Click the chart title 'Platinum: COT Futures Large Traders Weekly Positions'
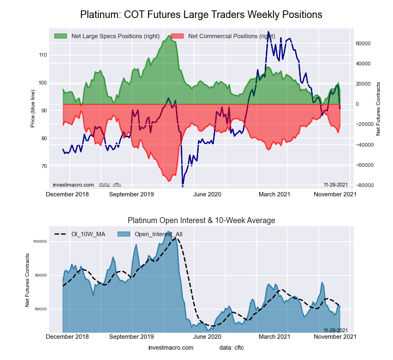click(x=201, y=14)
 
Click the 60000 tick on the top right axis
click(x=364, y=43)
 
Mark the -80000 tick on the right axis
click(x=364, y=185)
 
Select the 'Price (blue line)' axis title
click(x=33, y=111)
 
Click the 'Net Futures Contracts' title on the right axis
click(x=378, y=109)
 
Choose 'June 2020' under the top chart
click(x=207, y=194)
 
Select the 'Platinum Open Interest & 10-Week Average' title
click(x=201, y=220)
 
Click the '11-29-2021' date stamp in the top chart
click(x=336, y=185)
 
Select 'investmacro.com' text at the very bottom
click(x=171, y=347)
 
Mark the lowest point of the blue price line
click(x=182, y=187)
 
